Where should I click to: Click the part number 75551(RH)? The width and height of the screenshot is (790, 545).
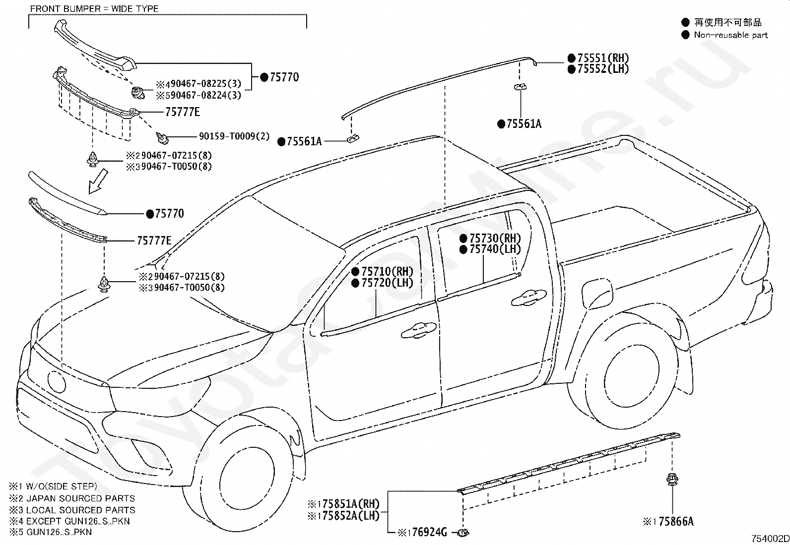click(603, 58)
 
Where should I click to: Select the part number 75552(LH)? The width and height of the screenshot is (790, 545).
click(603, 69)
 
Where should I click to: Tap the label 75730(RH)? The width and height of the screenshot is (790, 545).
click(495, 239)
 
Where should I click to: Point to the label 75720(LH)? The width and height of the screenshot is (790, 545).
click(387, 283)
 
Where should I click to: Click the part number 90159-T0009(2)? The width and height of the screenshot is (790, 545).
click(234, 136)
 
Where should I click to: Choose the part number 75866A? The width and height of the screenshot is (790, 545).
click(676, 521)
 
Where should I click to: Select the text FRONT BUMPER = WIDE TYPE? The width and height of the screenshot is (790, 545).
click(94, 9)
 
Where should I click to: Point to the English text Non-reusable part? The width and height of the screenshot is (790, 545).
click(731, 35)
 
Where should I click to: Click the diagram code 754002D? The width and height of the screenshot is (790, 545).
click(770, 539)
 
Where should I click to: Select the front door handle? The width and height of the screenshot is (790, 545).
click(419, 330)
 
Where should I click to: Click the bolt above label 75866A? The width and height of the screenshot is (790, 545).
click(672, 480)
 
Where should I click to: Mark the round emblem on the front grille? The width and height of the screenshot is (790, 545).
click(57, 382)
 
